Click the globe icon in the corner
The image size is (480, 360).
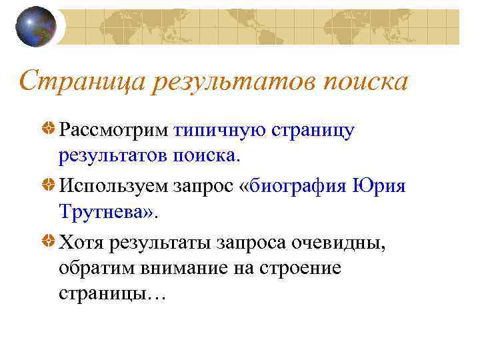[35, 27]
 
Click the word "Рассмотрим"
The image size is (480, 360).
[113, 131]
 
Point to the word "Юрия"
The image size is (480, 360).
[377, 186]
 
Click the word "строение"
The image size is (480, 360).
[301, 269]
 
